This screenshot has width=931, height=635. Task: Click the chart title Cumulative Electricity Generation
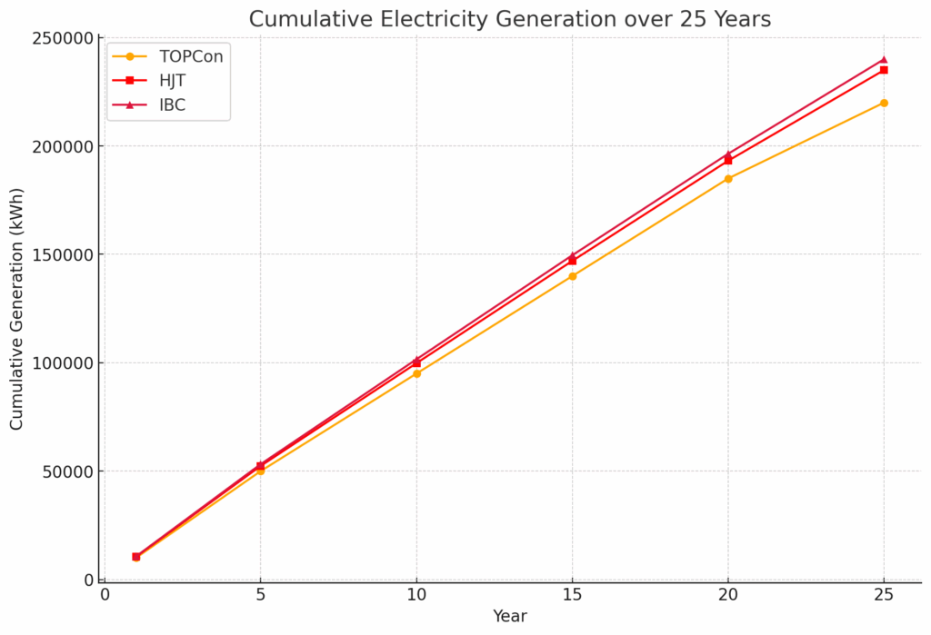pos(509,19)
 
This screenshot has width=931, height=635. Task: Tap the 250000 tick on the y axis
pos(65,38)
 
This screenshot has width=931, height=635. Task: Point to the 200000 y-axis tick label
pos(65,146)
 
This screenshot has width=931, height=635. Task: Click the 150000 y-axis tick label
pos(65,254)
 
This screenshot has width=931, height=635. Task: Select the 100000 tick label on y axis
pos(65,363)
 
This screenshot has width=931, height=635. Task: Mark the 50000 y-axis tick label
pos(69,471)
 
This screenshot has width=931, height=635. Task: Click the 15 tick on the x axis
pos(572,594)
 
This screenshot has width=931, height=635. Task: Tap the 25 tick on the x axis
pos(884,594)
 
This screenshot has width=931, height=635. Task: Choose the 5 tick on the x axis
pos(261,594)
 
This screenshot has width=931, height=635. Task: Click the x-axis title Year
pos(509,617)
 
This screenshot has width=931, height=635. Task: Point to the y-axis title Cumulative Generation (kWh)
pos(17,309)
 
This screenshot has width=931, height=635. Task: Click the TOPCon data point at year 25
pos(884,103)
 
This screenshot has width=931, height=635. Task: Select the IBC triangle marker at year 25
pos(884,60)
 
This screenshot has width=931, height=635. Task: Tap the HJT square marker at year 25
pos(884,70)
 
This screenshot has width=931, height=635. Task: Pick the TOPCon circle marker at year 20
pos(728,179)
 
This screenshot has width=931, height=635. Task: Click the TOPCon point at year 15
pos(572,276)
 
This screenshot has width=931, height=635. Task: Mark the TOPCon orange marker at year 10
pos(416,373)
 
